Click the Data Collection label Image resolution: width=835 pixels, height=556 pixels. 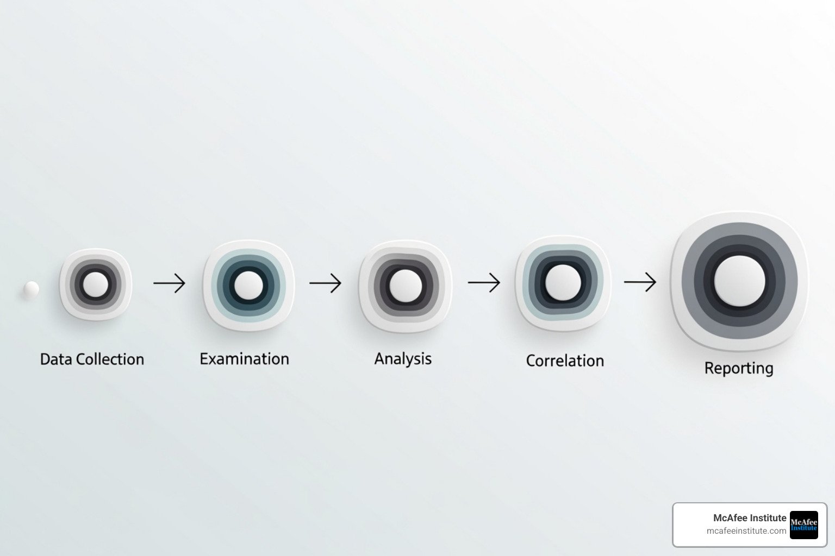[x=92, y=359]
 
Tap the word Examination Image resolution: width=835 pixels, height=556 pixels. [x=244, y=359]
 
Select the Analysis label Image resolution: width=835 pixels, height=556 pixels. [x=403, y=359]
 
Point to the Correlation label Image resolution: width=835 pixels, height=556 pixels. [x=565, y=361]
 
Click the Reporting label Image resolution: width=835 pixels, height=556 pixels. [x=739, y=368]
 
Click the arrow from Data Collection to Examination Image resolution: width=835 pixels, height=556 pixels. [x=169, y=283]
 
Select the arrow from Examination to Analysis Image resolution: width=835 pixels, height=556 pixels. [x=325, y=283]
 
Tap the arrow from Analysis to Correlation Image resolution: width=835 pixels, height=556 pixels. [x=484, y=282]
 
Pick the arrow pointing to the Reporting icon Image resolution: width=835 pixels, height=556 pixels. [x=640, y=282]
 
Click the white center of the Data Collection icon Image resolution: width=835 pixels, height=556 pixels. [x=96, y=285]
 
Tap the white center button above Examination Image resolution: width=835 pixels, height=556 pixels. [x=248, y=285]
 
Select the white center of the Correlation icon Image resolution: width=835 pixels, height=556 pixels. [x=563, y=282]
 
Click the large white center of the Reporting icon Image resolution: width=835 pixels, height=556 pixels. [x=739, y=281]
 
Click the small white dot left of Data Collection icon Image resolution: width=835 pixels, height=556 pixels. [x=32, y=289]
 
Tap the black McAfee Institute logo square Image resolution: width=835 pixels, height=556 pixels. [x=803, y=525]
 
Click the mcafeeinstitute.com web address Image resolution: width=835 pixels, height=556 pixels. [x=746, y=531]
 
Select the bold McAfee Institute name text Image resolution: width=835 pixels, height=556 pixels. [x=749, y=518]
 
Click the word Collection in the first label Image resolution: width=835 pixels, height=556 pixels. [x=110, y=359]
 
